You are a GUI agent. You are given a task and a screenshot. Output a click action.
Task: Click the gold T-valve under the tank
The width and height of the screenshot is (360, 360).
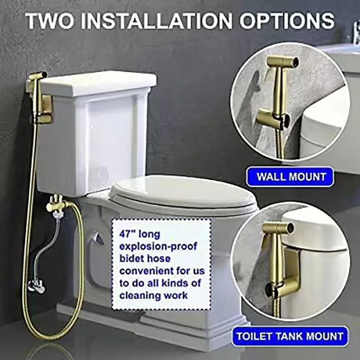tap(56, 205)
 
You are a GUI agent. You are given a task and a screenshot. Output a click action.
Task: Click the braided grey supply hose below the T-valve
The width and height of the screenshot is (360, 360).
tap(53, 245)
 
